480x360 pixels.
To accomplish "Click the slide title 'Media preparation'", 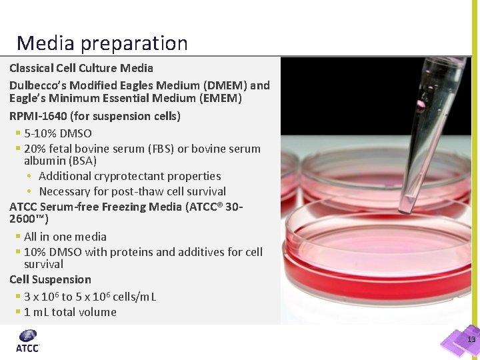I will click(102, 43).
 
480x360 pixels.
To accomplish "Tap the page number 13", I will click(471, 340).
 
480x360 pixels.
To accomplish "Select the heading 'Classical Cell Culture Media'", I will click(81, 68).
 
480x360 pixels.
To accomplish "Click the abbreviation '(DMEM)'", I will click(224, 85).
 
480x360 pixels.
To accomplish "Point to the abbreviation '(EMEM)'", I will click(219, 99).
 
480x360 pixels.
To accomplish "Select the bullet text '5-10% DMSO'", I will click(57, 133).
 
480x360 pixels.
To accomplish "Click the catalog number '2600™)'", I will click(29, 219).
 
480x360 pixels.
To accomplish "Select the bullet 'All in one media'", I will click(65, 237).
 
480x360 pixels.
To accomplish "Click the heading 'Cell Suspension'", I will click(50, 279).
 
